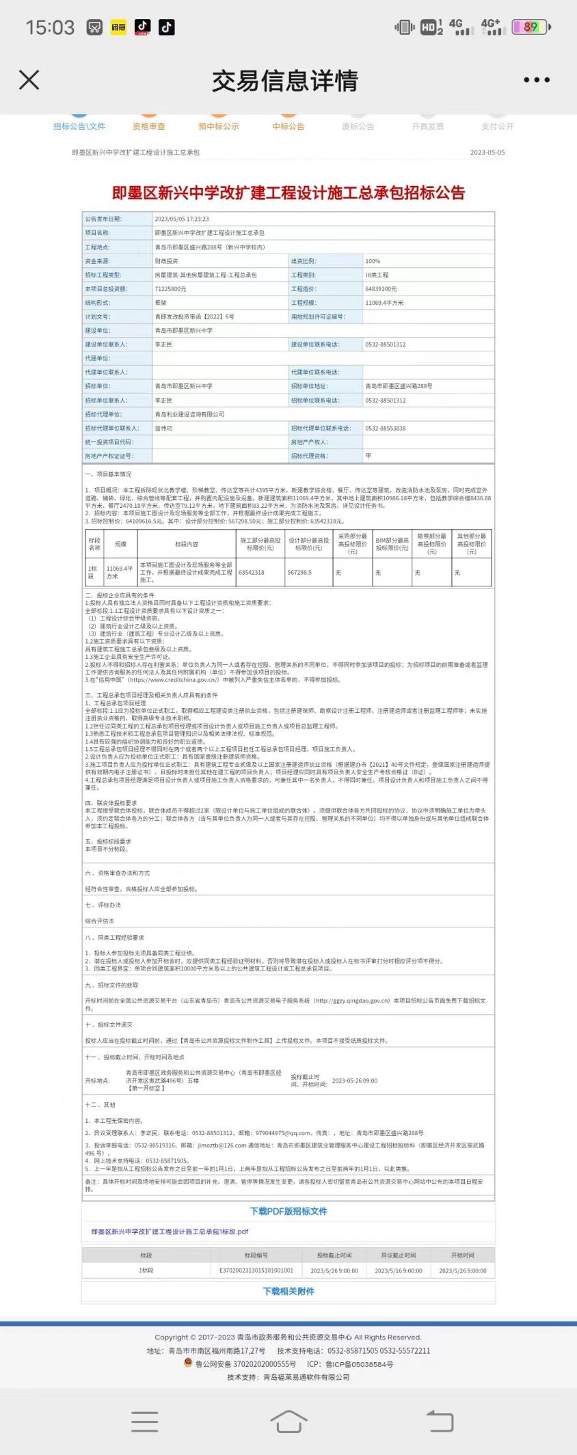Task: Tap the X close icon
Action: (29, 80)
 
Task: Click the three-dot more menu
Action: (536, 80)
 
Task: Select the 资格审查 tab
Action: (149, 126)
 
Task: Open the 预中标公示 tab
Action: (219, 126)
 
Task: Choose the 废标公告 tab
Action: (358, 126)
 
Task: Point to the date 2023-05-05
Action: (487, 152)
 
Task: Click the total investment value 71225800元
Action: (171, 289)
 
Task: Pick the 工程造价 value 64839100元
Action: (381, 289)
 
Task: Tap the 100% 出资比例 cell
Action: (373, 261)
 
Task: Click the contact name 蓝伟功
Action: (163, 429)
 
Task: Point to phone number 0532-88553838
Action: (385, 429)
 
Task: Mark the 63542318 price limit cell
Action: (251, 573)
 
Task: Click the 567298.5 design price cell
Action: (299, 573)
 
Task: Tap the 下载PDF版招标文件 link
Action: (288, 1212)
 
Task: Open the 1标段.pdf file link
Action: (170, 1232)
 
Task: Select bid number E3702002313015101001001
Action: (256, 1270)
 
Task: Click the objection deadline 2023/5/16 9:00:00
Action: (399, 1270)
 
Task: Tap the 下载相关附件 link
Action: (288, 1292)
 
